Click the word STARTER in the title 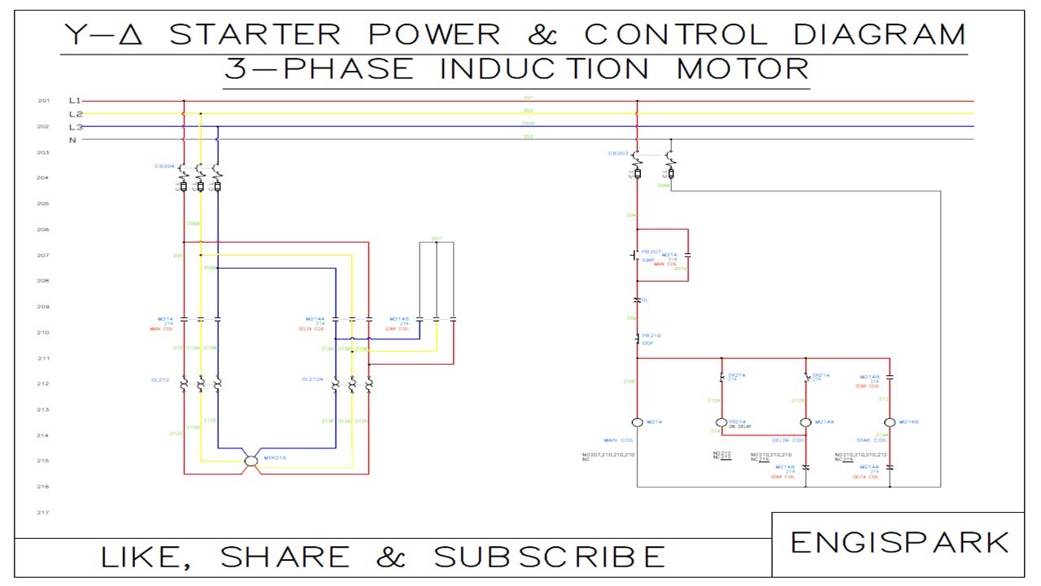(256, 34)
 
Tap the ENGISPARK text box (899, 543)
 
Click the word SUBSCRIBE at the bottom (550, 558)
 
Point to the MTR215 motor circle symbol (251, 461)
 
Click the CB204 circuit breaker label (164, 166)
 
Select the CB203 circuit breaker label (618, 153)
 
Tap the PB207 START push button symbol (634, 255)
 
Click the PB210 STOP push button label (651, 335)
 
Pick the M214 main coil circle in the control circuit (637, 422)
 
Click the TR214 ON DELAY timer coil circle (721, 422)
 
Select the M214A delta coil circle (806, 422)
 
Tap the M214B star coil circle (890, 422)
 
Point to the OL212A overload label (312, 379)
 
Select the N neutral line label (73, 140)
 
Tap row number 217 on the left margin (44, 513)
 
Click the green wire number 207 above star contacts (437, 239)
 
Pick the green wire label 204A (664, 186)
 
